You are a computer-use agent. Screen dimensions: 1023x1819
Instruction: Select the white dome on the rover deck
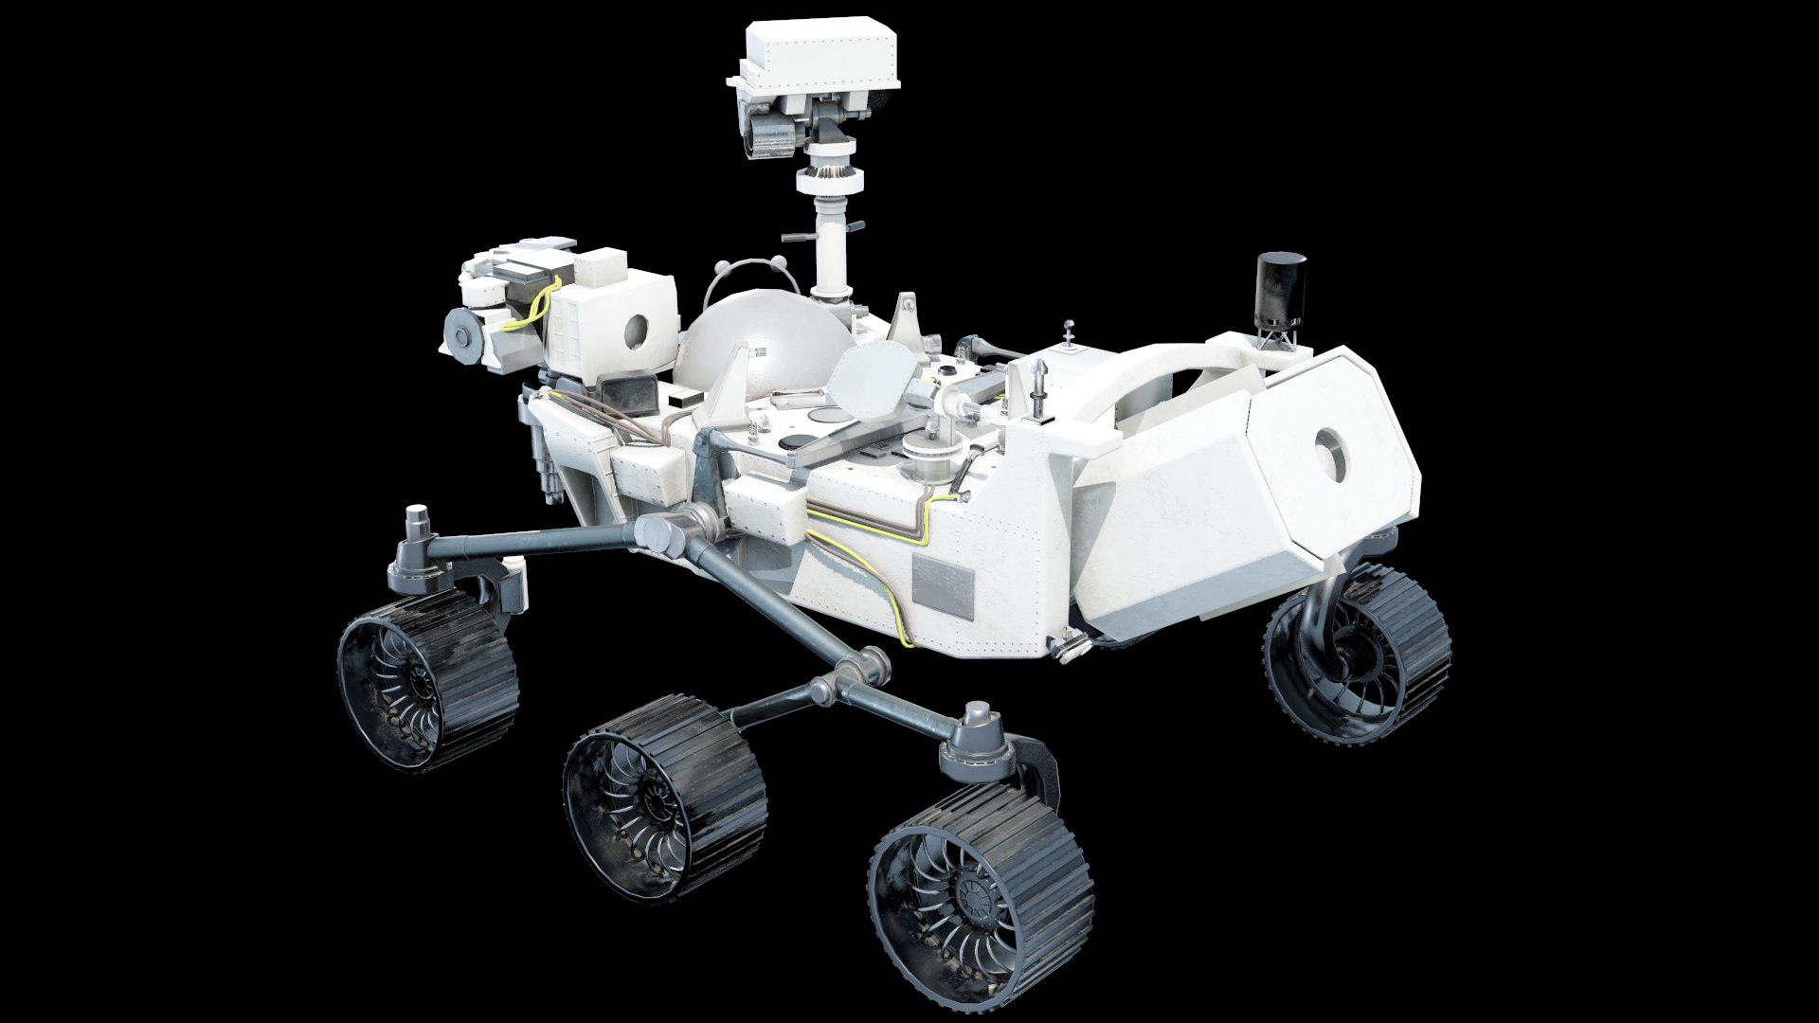coord(758,352)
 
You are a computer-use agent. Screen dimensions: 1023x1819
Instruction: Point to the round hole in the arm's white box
coord(636,331)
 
